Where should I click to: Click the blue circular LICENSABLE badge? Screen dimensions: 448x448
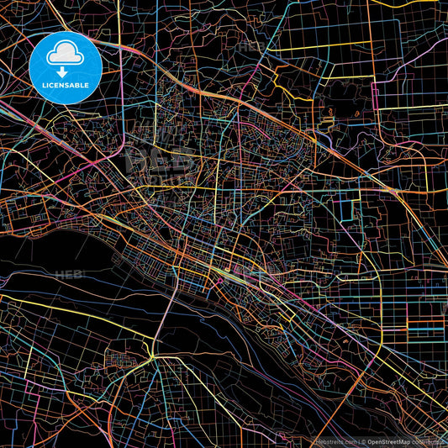66,68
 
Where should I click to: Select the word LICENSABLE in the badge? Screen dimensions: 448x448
66,85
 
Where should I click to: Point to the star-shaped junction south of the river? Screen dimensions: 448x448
152,359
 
